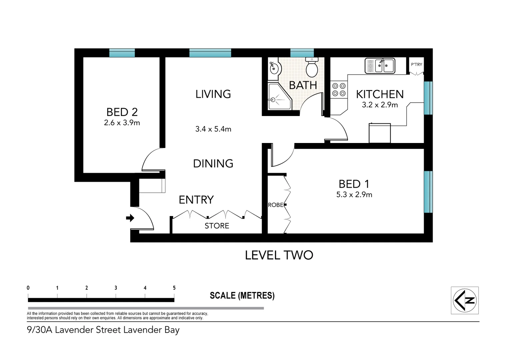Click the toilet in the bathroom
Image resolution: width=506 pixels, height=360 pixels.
coord(312,68)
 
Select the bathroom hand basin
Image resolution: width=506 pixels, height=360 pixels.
coord(274,69)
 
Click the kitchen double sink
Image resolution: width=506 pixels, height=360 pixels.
coord(380,66)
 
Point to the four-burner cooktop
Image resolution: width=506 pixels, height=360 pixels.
coord(339,90)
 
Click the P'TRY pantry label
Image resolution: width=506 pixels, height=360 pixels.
coord(416,64)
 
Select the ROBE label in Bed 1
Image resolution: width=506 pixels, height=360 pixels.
coord(275,205)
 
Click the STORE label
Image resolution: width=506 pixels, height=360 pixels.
coord(217,226)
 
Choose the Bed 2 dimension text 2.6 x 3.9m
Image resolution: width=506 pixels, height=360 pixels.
coord(122,123)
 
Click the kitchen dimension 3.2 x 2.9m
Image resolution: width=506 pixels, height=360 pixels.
coord(380,105)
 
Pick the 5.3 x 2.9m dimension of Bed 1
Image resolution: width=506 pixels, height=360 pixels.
coord(354,195)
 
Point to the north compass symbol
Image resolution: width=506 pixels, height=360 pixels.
coord(465,300)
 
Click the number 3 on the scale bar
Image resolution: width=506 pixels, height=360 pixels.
coord(116,288)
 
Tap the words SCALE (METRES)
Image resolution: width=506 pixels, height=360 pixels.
coord(242,296)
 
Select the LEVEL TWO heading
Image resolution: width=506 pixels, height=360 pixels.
coord(279,255)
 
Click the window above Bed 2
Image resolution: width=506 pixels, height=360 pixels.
coord(122,53)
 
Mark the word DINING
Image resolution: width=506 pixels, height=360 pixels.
coord(213,163)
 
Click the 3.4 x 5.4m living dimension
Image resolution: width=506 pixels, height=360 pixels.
coord(213,129)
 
